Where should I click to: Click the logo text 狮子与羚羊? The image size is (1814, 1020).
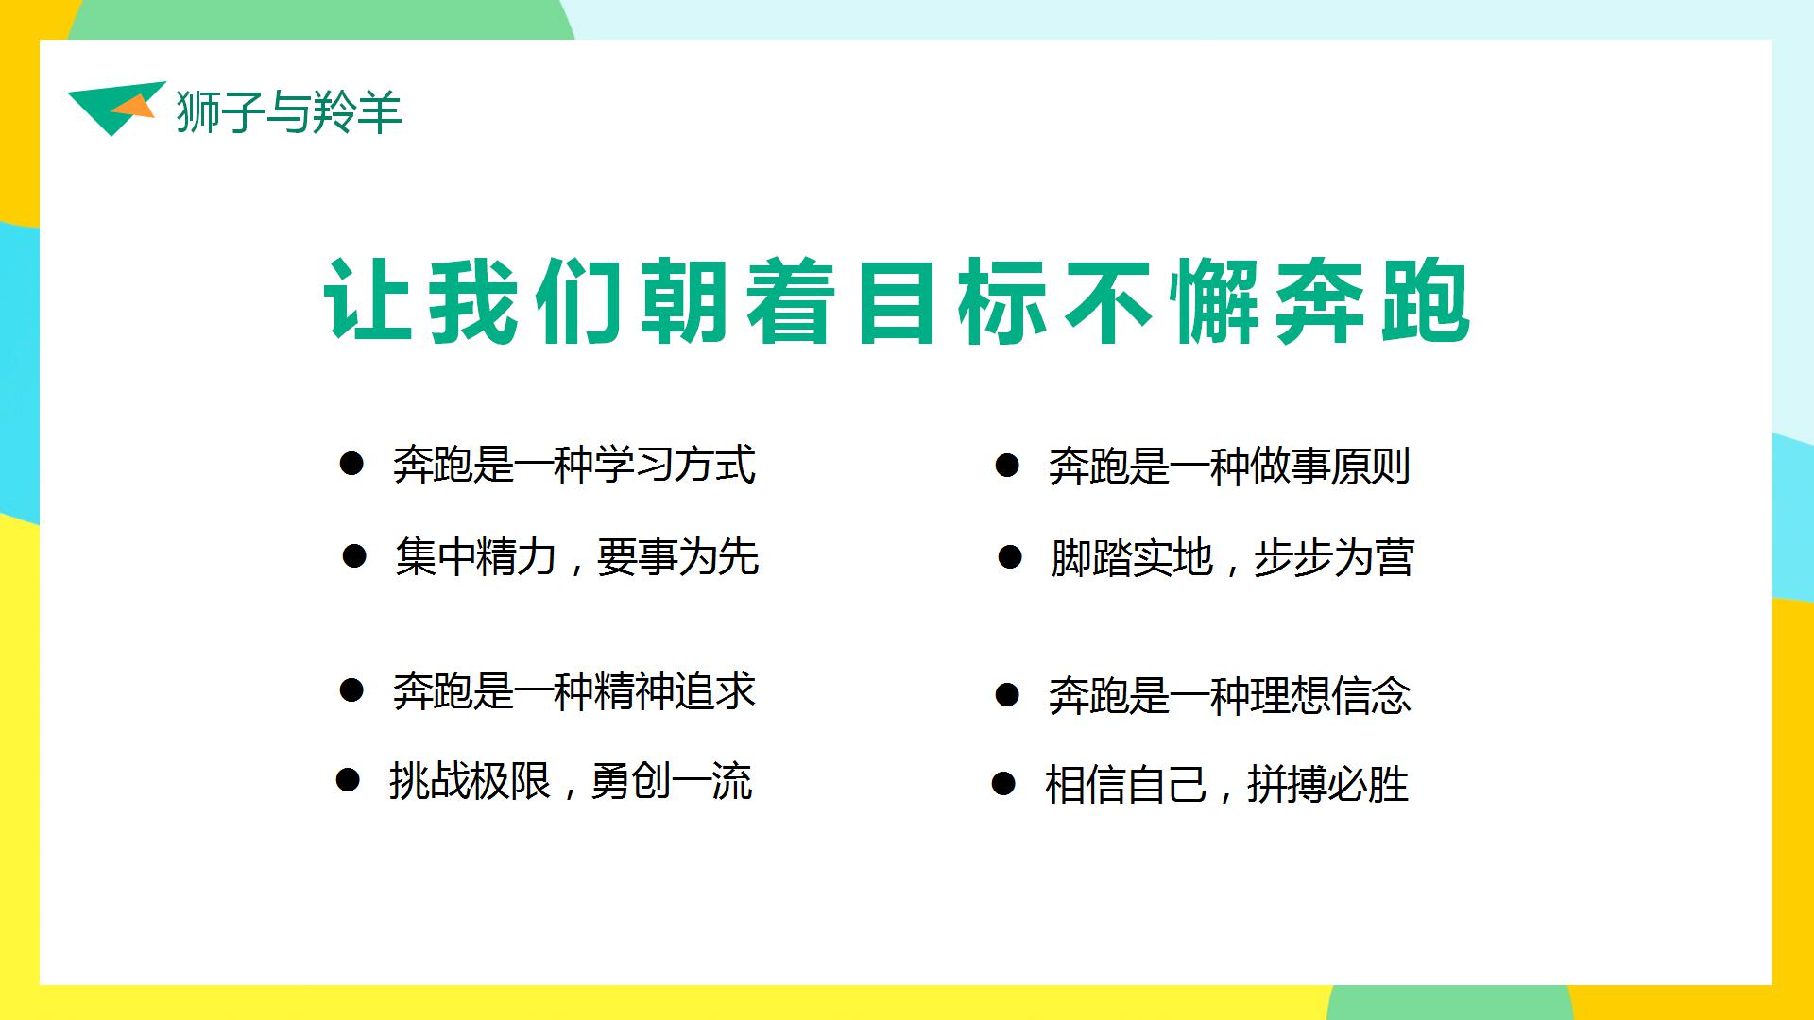[x=289, y=112]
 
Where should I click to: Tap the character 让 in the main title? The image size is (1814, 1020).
[x=369, y=302]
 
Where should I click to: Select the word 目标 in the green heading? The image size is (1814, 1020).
[x=953, y=302]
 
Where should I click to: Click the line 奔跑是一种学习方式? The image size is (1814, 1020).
[x=574, y=465]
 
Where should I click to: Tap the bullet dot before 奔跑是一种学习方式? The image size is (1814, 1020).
[x=351, y=464]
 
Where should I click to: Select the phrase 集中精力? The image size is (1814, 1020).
[x=476, y=556]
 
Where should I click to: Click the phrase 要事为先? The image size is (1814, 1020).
[x=678, y=556]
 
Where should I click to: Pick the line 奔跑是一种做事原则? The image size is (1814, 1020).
[x=1229, y=467]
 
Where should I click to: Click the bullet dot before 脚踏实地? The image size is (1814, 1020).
[x=1010, y=557]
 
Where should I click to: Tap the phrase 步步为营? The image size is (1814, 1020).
[x=1333, y=558]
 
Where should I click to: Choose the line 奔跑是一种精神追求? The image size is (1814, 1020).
[x=574, y=691]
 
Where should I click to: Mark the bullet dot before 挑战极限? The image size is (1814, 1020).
[x=348, y=780]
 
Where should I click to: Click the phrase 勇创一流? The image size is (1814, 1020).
[x=672, y=781]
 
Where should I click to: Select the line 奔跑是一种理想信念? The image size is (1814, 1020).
[x=1229, y=697]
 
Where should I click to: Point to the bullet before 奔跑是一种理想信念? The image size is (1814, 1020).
[x=1007, y=696]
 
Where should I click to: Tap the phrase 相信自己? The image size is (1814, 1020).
[x=1125, y=785]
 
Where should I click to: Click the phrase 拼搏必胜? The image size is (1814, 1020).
[x=1327, y=785]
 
